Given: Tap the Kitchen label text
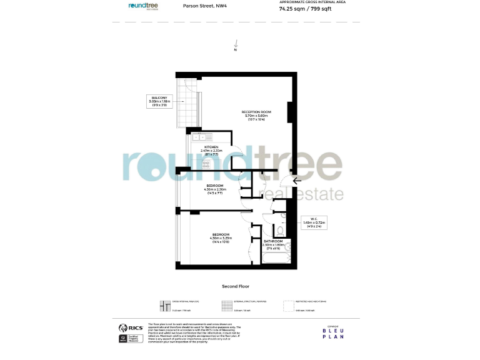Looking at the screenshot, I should click(x=211, y=150).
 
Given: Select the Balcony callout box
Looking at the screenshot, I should click(x=159, y=101).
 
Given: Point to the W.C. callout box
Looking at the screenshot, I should click(x=314, y=222).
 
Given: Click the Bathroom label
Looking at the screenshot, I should click(x=273, y=244).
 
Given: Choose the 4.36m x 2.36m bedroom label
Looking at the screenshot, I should click(x=215, y=189).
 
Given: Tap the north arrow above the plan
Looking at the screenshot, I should click(x=236, y=44).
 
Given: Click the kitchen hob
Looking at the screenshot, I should click(x=205, y=163).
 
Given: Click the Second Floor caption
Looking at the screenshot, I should click(x=236, y=286).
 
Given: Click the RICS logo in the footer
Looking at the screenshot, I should click(x=129, y=327).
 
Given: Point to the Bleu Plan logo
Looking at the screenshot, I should click(x=332, y=332).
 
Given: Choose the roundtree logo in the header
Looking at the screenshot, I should click(x=143, y=5).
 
